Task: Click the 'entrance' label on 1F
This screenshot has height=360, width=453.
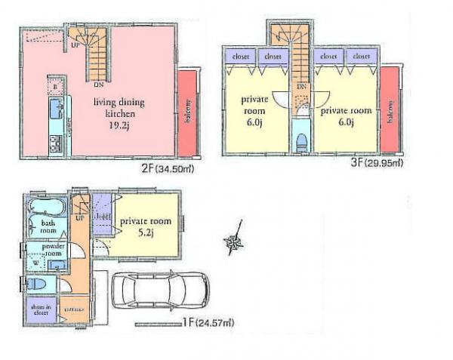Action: pos(74,309)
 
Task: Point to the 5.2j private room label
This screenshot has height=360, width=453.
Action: pos(146,226)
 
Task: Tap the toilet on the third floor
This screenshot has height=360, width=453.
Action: pos(301,141)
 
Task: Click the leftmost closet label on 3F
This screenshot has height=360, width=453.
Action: pos(241,55)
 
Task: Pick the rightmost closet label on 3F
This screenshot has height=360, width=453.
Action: pos(361,55)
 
